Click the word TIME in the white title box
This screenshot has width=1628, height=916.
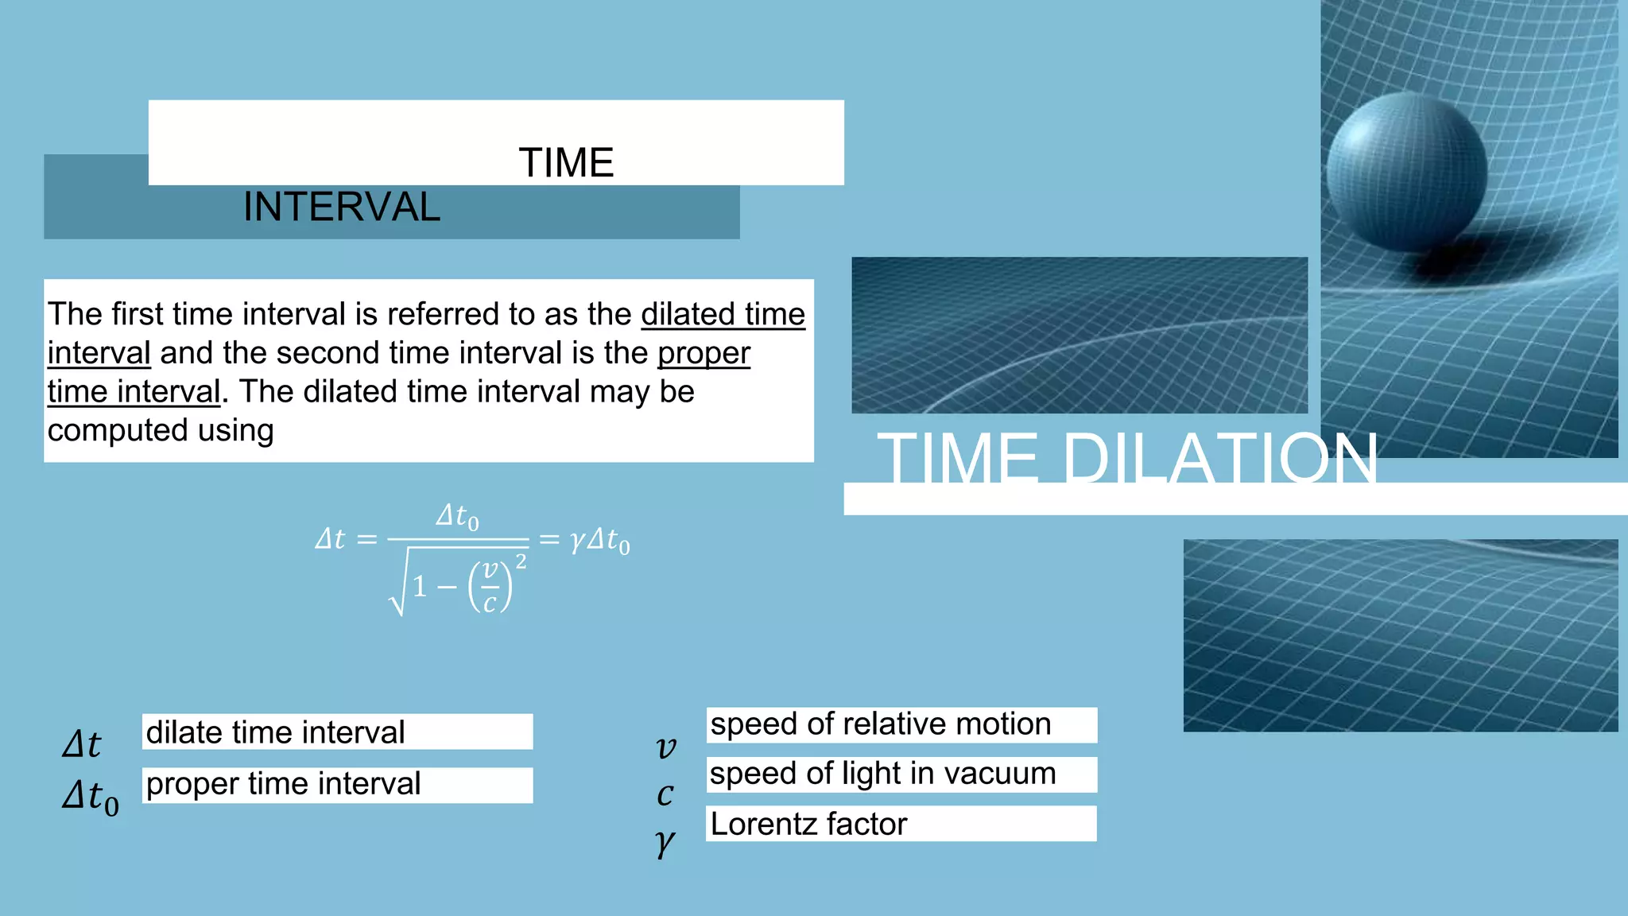(566, 163)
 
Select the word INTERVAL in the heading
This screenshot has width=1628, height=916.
(342, 208)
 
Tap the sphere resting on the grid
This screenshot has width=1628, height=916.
(1406, 170)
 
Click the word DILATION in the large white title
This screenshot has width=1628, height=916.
(1219, 459)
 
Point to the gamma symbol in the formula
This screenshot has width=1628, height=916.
(577, 541)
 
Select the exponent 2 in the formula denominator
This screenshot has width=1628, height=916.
(521, 561)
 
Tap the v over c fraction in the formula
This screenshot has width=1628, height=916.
(490, 587)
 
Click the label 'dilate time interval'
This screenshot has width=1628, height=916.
(275, 732)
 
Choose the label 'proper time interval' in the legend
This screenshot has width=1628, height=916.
(283, 784)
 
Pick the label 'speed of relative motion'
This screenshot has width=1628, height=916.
(880, 724)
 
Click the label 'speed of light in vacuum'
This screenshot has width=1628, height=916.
(882, 774)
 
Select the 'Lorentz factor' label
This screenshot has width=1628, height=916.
(808, 824)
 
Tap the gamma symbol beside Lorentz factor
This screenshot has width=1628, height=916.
(665, 841)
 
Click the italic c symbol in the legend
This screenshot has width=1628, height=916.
(665, 794)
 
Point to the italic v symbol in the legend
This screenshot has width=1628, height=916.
(666, 747)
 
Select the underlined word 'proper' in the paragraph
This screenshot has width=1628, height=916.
(704, 353)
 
